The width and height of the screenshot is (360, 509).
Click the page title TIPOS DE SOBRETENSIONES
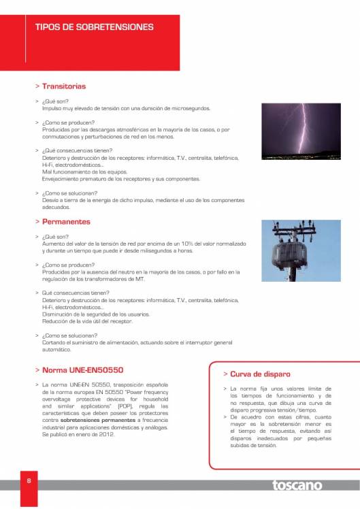pos(94,27)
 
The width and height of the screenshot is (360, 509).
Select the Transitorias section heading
pos(63,86)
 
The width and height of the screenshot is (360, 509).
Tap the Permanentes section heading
pos(65,222)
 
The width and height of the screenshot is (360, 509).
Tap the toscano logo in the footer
pos(297,485)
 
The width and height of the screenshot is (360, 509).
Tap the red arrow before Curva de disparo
pos(225,374)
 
